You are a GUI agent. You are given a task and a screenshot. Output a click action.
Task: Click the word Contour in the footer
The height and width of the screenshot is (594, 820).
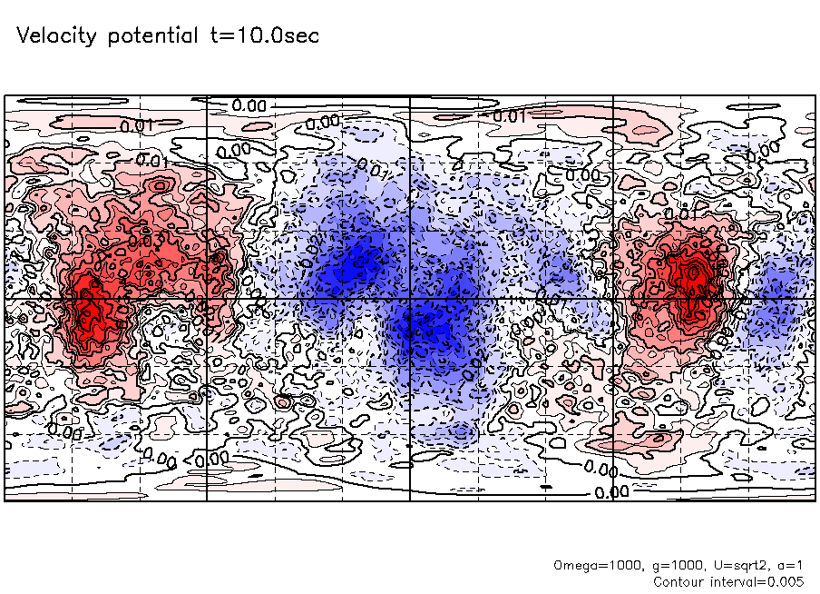coord(680,580)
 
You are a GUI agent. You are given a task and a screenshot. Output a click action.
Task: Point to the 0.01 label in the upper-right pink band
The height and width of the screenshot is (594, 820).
coord(510,116)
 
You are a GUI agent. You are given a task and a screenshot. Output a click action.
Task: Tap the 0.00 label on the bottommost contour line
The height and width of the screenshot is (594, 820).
coord(612,492)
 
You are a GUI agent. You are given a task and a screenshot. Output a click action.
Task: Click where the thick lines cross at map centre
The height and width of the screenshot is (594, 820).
coord(411,299)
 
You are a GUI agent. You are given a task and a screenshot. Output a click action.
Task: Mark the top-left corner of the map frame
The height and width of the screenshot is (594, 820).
coord(5,96)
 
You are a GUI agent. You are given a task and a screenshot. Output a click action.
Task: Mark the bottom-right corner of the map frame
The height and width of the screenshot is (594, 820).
coord(815,500)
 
